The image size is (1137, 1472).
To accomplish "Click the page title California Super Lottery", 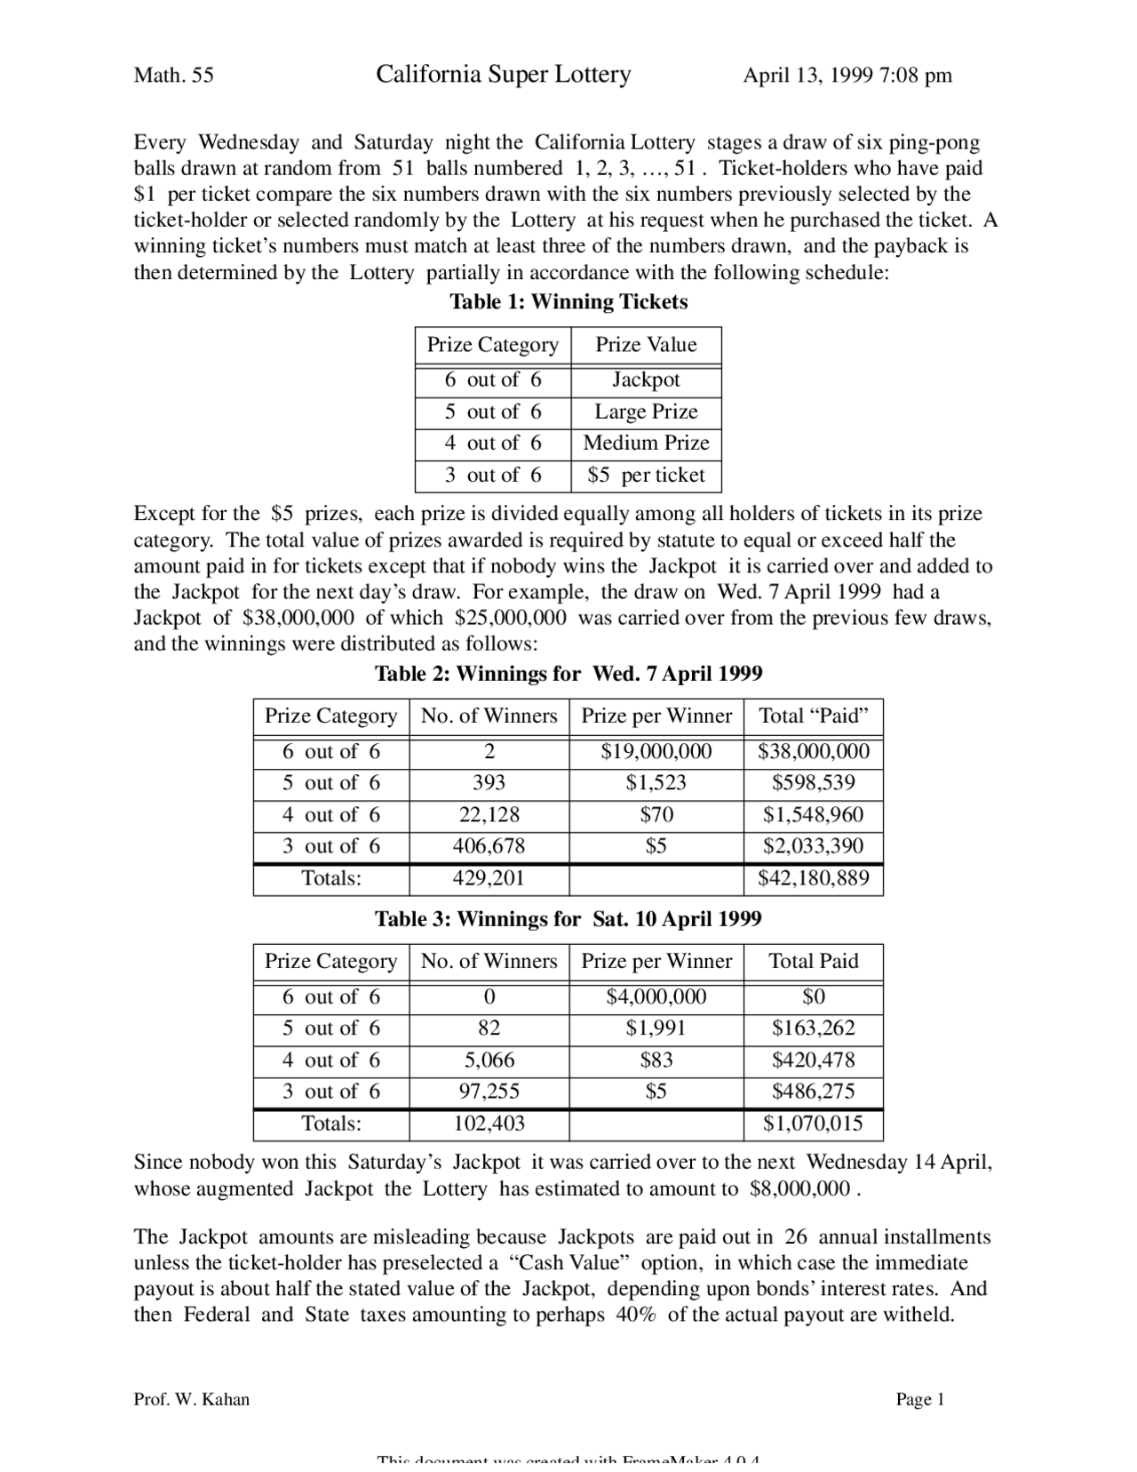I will pos(503,75).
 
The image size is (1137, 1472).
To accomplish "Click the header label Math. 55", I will pos(173,76).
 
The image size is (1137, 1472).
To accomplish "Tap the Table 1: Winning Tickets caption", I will pos(568,302).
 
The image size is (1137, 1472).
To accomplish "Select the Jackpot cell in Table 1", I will pos(646,380).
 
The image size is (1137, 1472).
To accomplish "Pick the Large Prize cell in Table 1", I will pos(646,412).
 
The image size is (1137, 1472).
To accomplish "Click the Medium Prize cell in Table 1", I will pos(646,443).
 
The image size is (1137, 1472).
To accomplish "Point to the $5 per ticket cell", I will pos(646,476).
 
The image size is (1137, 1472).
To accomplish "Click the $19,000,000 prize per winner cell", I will pos(656,752).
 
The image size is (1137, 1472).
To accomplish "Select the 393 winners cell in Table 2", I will pos(489,783).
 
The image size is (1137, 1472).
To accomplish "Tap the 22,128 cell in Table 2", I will pos(489,815).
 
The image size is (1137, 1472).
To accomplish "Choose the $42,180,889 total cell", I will pos(813,879).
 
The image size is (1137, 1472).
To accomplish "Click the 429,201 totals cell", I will pos(489,879).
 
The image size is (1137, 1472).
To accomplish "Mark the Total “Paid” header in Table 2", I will pos(813,716).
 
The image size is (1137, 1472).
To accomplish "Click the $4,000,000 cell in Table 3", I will pos(656,997).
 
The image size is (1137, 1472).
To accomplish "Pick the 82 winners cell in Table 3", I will pos(489,1028).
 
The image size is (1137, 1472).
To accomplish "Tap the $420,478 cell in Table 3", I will pos(813,1060).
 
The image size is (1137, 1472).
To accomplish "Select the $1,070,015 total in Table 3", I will pos(813,1124).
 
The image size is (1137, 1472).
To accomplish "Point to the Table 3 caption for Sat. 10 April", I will pos(568,919).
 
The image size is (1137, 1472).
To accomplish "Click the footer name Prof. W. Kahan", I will pos(191,1400).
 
